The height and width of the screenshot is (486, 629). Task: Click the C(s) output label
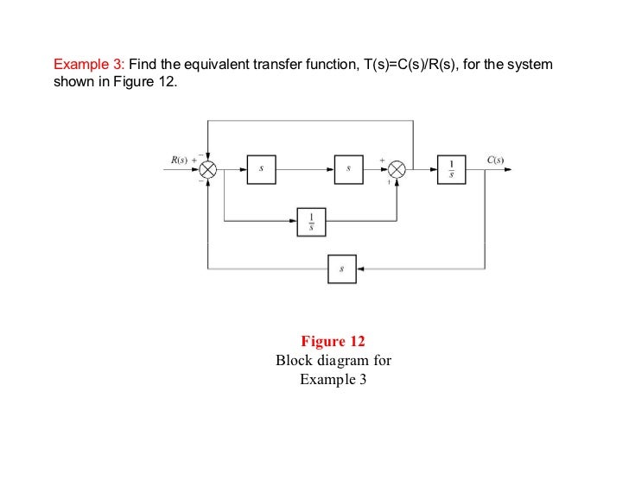pos(495,160)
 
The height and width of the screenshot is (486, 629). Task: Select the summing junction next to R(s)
pos(208,170)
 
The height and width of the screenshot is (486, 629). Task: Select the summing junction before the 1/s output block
pos(397,170)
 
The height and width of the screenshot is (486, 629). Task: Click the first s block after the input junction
pos(260,170)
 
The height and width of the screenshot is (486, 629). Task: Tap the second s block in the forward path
pos(347,170)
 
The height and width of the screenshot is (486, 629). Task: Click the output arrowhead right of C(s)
pos(508,170)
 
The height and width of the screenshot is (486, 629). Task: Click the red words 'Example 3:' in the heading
pos(90,65)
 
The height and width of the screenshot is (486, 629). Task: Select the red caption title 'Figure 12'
pos(333,341)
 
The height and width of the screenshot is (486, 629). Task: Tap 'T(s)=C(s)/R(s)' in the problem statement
pos(397,65)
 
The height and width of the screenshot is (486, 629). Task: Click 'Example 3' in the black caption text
pos(333,379)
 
